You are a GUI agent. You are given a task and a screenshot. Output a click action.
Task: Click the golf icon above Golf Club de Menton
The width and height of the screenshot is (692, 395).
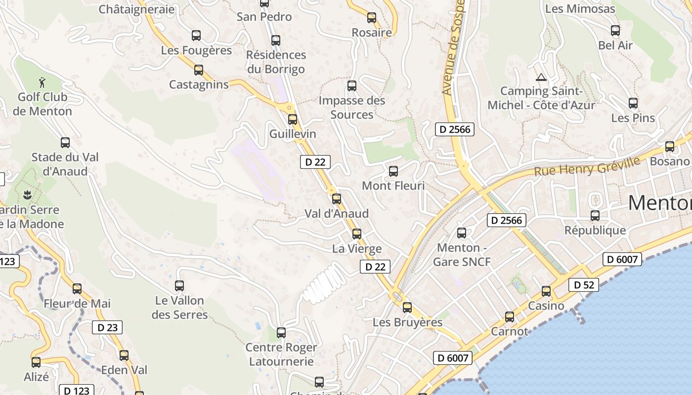(43, 81)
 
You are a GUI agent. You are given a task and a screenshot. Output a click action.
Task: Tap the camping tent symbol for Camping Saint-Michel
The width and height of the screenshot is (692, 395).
(541, 77)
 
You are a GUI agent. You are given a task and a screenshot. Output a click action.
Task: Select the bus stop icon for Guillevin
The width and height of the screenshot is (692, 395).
(293, 119)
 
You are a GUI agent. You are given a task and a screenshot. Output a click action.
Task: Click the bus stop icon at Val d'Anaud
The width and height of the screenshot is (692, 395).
(337, 199)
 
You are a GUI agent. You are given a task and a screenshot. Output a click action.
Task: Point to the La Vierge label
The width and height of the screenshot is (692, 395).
(357, 249)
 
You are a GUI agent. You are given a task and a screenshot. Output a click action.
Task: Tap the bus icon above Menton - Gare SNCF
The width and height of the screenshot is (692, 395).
(462, 233)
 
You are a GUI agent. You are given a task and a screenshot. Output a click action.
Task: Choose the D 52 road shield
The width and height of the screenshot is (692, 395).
(584, 285)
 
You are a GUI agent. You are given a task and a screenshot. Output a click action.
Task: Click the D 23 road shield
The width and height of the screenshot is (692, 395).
(107, 327)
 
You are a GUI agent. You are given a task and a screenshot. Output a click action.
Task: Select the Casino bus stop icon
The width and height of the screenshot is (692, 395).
(546, 291)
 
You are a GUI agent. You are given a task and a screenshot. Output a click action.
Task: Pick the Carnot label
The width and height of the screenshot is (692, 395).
(509, 331)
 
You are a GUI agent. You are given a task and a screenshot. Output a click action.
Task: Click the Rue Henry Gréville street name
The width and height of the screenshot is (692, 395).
(587, 166)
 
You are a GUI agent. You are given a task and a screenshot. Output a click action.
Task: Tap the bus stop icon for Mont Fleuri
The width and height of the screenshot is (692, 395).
(393, 171)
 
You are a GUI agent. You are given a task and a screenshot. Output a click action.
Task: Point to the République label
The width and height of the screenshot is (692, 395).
(595, 231)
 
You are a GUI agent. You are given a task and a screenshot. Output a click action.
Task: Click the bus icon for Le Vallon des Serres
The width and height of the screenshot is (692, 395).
(179, 285)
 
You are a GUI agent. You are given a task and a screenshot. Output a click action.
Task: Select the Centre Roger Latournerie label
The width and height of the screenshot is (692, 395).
(281, 355)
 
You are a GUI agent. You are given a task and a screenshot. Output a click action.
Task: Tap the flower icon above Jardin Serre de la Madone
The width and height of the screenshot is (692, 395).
(28, 195)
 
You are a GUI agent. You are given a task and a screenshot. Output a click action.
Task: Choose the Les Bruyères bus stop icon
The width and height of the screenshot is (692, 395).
(407, 308)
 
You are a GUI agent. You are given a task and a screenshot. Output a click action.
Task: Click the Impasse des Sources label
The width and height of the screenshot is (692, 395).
(352, 108)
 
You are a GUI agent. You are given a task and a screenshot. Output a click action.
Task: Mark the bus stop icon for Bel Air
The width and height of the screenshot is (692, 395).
(615, 31)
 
